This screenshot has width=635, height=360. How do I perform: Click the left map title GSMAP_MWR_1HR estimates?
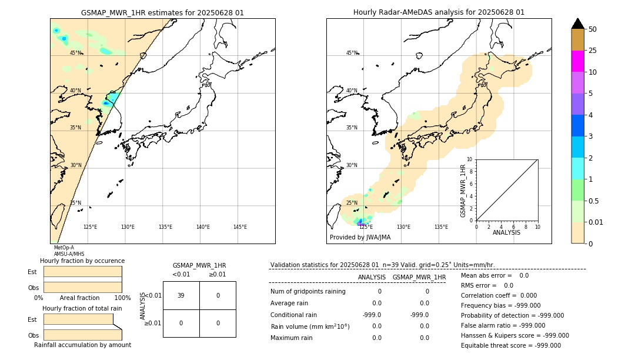162,12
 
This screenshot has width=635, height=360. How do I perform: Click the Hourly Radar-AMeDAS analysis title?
439,12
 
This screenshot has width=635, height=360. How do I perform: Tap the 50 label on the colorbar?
593,29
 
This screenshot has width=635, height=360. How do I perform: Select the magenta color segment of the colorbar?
577,61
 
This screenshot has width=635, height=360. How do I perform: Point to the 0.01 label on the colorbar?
596,222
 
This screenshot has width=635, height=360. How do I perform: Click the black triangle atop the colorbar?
577,24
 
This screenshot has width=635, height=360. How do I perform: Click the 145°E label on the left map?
240,227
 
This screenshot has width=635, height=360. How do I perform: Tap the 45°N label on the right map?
352,53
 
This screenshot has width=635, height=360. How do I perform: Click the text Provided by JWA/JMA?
360,238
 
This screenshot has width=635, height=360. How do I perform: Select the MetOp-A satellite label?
63,248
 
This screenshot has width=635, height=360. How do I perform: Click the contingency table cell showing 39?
181,295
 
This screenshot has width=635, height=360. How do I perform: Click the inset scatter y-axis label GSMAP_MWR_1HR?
463,191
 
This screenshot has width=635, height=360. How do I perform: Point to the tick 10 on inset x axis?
537,226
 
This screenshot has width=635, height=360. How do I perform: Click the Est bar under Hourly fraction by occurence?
82,272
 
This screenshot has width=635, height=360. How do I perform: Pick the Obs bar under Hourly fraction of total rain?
82,335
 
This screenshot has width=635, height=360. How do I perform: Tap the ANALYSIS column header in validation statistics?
372,277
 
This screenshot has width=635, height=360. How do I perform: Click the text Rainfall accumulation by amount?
82,345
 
